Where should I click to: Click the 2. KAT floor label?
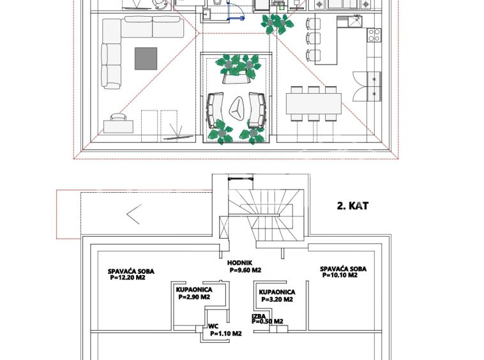pos(352,206)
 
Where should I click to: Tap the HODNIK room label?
pos(240,263)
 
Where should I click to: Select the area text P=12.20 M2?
pos(128,277)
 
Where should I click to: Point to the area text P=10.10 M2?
pos(340,275)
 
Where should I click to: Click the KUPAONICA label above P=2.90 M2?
pos(194,290)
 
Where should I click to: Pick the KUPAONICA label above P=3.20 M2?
pos(277,292)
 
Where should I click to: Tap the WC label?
pos(213,326)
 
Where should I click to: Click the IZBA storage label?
pos(259,316)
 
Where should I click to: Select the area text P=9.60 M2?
pos(245,270)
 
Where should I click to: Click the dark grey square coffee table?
pos(146,58)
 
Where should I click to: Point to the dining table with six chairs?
pos(314,103)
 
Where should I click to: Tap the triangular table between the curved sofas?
pos(237,109)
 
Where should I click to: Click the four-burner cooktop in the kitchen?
pos(374,35)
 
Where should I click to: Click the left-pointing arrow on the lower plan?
pos(134,214)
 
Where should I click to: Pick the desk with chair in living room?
pos(118,124)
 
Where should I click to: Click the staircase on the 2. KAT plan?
pos(266,214)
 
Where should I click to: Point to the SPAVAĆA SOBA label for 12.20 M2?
pos(131,271)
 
